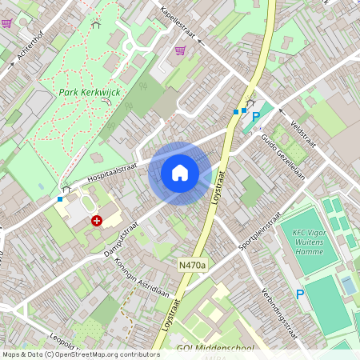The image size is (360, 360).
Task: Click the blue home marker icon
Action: [x=180, y=173]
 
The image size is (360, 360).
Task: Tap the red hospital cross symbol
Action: [x=97, y=220]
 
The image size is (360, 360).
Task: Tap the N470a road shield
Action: [x=192, y=265]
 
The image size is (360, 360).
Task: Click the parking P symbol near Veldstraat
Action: [x=256, y=118]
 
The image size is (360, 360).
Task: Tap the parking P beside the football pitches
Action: [x=300, y=294]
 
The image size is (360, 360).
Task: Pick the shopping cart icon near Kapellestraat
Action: [x=180, y=50]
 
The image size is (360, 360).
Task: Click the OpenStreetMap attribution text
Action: [x=81, y=354]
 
